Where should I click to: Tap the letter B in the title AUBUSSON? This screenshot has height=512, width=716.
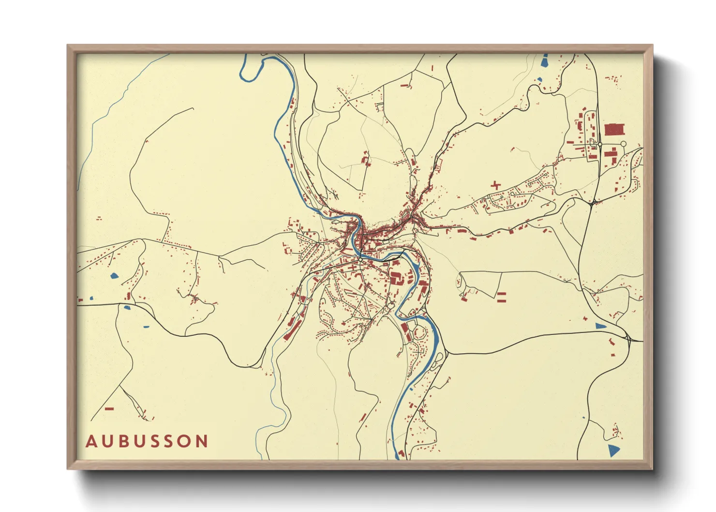pos(124,441)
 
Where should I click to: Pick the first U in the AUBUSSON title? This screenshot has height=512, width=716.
pos(107,441)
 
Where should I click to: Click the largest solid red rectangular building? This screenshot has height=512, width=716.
pos(615,129)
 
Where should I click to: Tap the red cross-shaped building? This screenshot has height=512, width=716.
pos(495,185)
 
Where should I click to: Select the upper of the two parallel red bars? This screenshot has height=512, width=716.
pos(502,294)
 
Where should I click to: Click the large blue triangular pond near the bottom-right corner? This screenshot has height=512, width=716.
pos(613,451)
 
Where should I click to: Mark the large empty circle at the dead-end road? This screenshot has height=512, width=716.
pos(623,144)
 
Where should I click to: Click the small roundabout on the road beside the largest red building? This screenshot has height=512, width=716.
pos(600,144)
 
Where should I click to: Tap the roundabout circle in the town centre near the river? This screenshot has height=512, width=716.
pos(360,260)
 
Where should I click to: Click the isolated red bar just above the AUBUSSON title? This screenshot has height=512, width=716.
pos(109,409)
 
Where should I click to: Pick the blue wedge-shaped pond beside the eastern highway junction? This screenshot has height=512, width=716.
pos(600,326)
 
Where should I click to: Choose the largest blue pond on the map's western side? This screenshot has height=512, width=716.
pos(114,276)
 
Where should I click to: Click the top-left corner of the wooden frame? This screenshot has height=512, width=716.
pos(68,45)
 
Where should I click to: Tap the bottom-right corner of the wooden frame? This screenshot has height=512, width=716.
pos(652,469)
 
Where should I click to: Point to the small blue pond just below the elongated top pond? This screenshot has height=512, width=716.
pos(539,79)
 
